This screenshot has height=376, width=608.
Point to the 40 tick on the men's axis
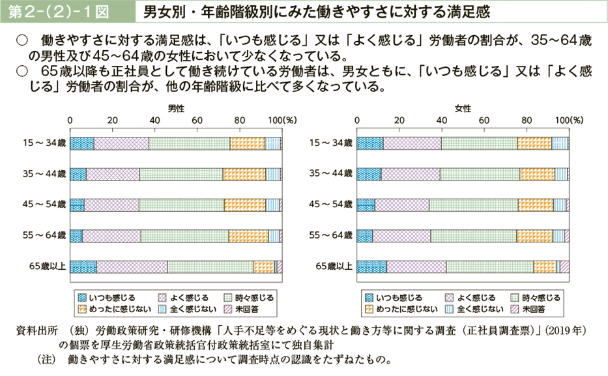point(154,121)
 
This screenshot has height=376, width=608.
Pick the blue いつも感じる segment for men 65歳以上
point(83,266)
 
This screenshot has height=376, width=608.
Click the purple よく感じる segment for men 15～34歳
point(121,144)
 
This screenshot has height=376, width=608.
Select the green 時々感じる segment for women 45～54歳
point(474,205)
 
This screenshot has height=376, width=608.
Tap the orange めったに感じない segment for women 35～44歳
point(537,174)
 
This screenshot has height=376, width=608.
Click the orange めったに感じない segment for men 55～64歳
point(248,235)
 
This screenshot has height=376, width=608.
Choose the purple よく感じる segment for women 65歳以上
point(416,266)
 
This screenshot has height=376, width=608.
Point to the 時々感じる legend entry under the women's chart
point(536,297)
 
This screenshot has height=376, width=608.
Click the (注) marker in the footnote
point(48,359)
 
